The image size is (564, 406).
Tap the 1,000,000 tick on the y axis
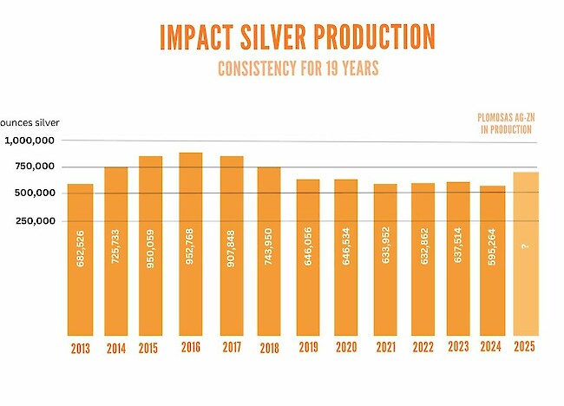coord(31,141)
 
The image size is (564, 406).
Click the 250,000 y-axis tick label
coord(34,220)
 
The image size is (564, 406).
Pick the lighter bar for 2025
coord(526,252)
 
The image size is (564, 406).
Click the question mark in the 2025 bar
coord(526,246)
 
